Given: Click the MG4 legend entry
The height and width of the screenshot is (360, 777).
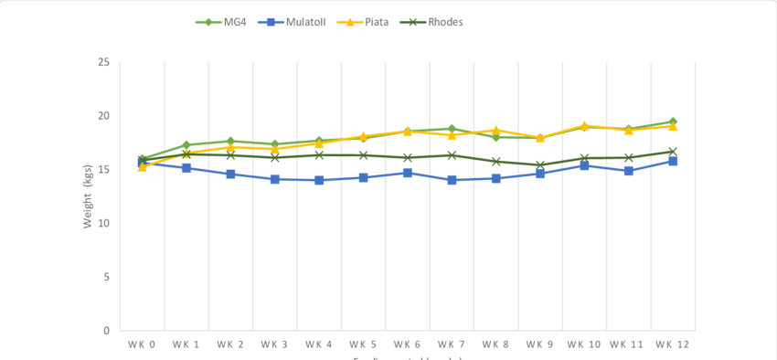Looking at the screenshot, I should point(229,21).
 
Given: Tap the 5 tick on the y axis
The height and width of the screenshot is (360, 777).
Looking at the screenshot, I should point(106,277).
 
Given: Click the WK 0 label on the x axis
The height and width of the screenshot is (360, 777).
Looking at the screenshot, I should point(141,344).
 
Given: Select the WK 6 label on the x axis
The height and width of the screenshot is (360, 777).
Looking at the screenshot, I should point(407,344).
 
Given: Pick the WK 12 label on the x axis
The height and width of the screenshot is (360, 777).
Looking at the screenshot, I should point(672,344).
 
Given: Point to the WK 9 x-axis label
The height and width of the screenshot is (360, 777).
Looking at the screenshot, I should point(539,344).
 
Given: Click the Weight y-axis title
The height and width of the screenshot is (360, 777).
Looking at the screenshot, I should point(89,196).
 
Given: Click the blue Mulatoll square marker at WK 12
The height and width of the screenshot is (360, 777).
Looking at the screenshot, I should point(673,161).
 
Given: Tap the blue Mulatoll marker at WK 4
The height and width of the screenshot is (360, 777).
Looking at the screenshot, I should point(318,180).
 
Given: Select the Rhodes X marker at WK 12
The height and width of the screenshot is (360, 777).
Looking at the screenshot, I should point(673,152).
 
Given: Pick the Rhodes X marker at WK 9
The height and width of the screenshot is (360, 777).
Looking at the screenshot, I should point(540,165).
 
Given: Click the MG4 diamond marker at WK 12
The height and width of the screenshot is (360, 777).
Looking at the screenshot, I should point(673,122).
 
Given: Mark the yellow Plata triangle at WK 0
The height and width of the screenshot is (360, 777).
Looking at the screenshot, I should point(142,167).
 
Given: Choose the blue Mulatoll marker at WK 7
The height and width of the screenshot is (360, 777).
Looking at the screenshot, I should point(452,180).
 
